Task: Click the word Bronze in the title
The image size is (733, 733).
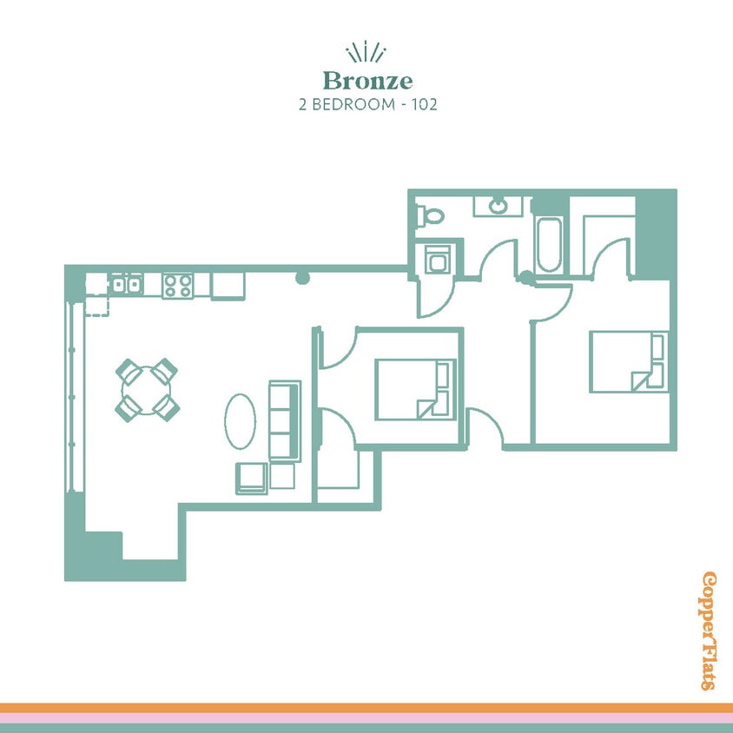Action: tap(366, 82)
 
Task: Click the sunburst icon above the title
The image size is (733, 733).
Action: tap(366, 52)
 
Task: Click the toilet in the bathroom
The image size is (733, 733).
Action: tap(429, 213)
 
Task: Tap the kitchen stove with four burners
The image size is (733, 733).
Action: tap(177, 286)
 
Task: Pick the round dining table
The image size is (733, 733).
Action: tap(147, 389)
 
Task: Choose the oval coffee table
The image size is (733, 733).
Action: tap(241, 421)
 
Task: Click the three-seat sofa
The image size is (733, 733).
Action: tap(284, 420)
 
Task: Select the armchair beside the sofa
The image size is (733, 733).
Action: tap(252, 479)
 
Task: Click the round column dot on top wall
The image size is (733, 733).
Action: tap(302, 278)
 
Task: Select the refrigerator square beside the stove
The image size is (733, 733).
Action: tap(228, 285)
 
